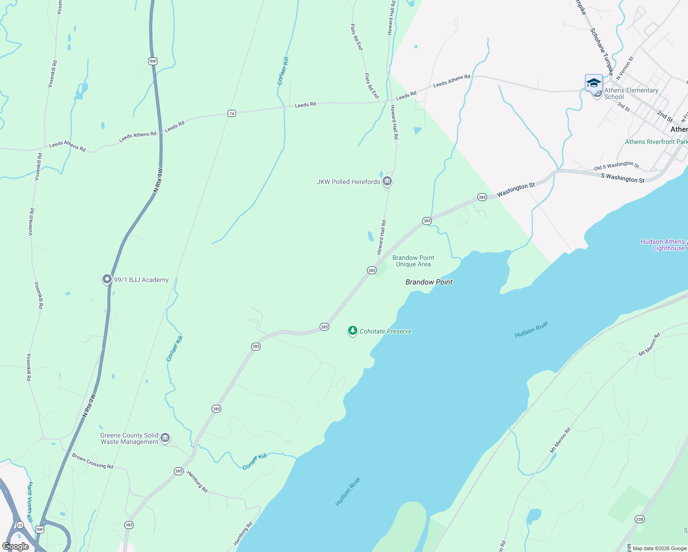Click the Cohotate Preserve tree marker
tap(352, 331)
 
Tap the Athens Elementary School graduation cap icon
tap(594, 83)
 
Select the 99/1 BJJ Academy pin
tap(107, 279)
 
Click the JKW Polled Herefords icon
tap(387, 181)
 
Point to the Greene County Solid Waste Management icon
tap(166, 438)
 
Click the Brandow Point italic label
tap(429, 282)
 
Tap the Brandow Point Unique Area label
tap(413, 261)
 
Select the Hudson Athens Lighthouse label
tap(662, 245)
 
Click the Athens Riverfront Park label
tap(656, 142)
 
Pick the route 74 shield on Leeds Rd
tap(232, 113)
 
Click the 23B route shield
tap(639, 519)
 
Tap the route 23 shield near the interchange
tap(19, 525)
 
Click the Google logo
tap(16, 546)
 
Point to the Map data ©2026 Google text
tap(659, 548)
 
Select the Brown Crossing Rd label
tap(92, 461)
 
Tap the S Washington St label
tap(622, 178)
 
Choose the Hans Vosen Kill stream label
tap(30, 502)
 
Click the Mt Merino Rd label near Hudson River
tap(649, 345)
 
